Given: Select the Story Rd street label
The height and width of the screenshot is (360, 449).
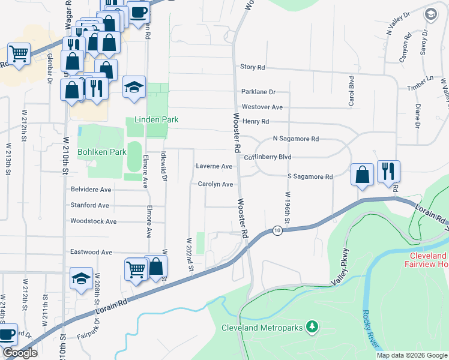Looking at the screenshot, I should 252,68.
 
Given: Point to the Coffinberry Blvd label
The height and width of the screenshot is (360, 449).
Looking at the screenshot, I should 267,157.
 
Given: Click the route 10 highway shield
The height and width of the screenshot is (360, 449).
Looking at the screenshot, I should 276,230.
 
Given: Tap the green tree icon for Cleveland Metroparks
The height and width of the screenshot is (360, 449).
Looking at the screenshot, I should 312,327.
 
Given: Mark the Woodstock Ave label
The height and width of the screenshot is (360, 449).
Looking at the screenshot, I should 93,221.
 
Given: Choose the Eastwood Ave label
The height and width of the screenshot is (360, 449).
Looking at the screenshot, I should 92,252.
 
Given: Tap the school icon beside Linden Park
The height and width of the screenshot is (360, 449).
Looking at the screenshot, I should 134,88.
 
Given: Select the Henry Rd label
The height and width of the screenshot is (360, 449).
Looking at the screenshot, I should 256,122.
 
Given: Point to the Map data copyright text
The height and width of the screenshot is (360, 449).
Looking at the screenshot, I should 411,355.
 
